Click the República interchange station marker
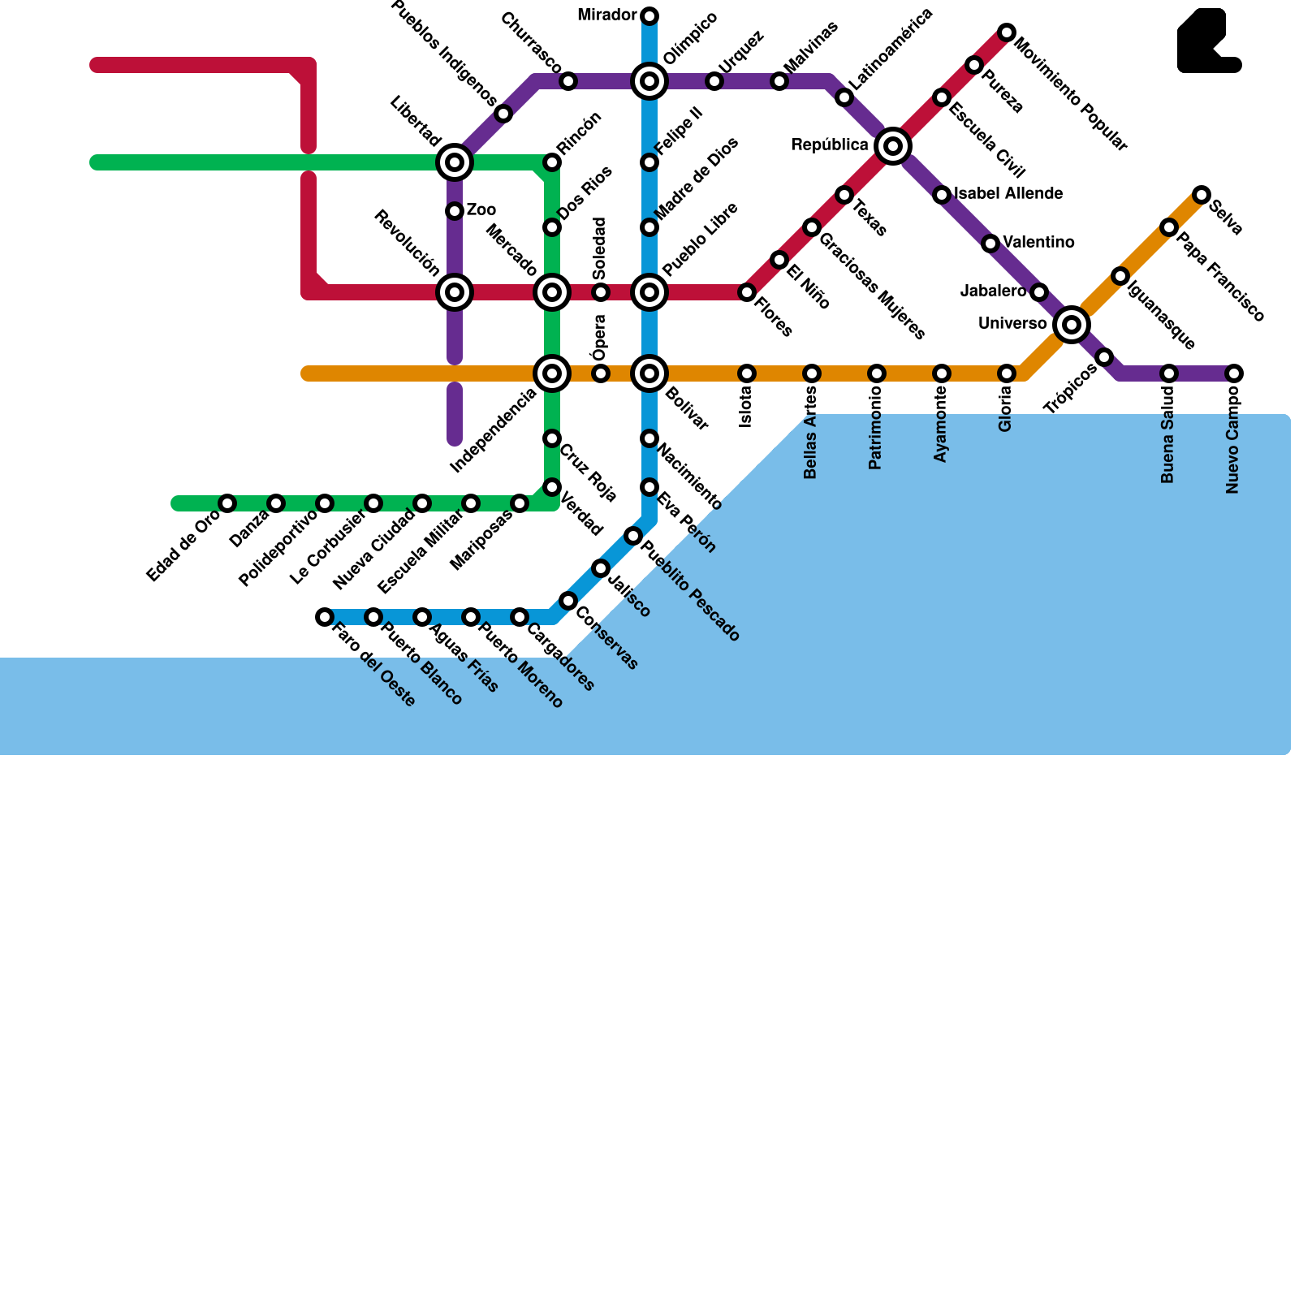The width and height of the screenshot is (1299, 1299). (x=893, y=146)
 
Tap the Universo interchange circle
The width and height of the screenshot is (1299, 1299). (x=1072, y=325)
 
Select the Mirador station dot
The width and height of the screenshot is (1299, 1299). (x=649, y=16)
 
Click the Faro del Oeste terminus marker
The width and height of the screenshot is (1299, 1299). (x=325, y=617)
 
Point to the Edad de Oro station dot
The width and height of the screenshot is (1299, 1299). (x=227, y=503)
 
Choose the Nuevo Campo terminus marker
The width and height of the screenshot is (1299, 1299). (x=1234, y=373)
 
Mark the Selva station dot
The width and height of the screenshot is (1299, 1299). (x=1202, y=195)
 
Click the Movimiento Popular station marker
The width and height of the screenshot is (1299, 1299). (x=1007, y=32)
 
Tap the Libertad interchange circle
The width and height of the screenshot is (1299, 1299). (x=455, y=162)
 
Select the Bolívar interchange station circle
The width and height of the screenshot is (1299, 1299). (x=649, y=373)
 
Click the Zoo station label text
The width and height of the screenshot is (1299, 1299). (x=481, y=210)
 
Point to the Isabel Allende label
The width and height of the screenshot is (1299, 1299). (x=1008, y=194)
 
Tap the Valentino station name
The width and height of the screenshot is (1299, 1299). (x=1038, y=243)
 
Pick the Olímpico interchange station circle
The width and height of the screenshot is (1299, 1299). (x=649, y=81)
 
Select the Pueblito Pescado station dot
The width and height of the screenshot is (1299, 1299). (x=633, y=536)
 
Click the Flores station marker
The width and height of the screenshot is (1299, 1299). (x=747, y=292)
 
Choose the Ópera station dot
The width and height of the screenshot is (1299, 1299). (x=601, y=373)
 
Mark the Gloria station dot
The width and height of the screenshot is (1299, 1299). (x=1007, y=373)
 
